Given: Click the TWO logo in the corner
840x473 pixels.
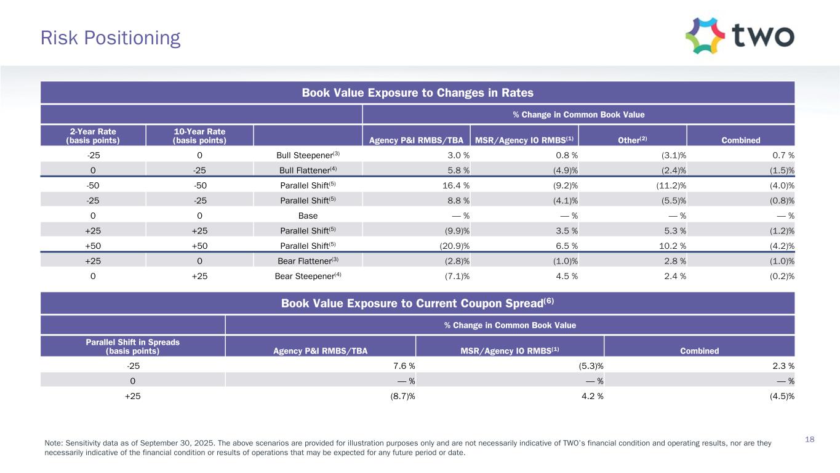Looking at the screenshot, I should coord(740,36).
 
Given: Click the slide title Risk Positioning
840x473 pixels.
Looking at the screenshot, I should coord(110,38).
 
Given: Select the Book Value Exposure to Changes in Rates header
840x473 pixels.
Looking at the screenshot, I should coord(417,93).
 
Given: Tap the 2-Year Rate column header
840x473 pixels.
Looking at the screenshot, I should coord(93,135).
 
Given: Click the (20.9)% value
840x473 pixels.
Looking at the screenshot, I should coord(457,245).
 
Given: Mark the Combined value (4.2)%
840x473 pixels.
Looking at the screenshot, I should coord(782,245).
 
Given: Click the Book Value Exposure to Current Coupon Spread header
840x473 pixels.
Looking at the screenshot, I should coord(417,303).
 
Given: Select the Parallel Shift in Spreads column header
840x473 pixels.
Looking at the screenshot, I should coord(133,346).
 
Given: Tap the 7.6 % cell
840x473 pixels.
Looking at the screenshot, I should coord(402,365).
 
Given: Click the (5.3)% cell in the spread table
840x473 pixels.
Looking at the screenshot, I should coord(590,365).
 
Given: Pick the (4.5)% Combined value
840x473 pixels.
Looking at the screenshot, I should coord(782,396).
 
